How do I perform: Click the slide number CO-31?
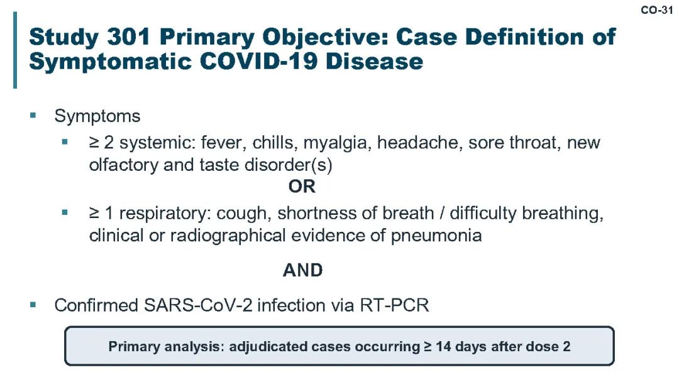(x=657, y=10)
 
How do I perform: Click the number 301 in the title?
(x=128, y=36)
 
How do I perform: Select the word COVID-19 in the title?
(x=258, y=61)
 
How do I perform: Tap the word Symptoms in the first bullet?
(x=97, y=116)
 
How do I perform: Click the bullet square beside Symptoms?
(x=33, y=115)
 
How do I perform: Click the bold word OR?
(x=302, y=187)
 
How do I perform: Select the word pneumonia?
(x=436, y=236)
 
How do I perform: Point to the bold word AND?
(x=302, y=270)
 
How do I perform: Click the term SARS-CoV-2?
(x=197, y=305)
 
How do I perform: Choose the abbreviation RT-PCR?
(x=394, y=305)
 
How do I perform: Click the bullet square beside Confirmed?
(x=33, y=305)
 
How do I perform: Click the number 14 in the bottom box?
(x=443, y=347)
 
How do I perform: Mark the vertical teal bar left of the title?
(x=15, y=50)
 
